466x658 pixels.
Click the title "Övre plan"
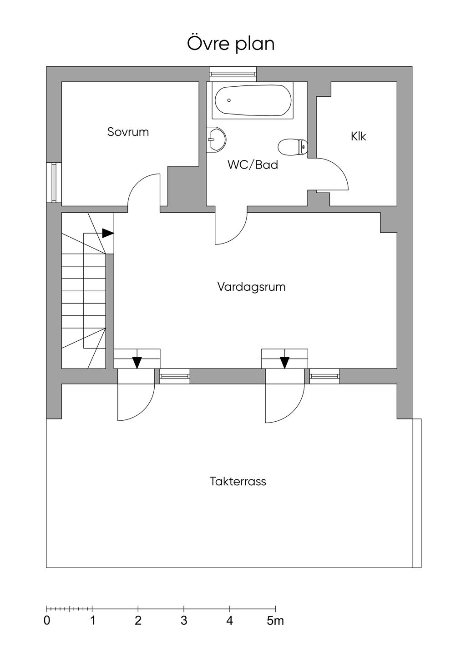point(231,44)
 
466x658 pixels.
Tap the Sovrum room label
point(128,132)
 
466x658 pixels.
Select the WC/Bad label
point(253,165)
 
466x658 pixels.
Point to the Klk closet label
point(358,136)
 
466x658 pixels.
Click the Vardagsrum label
point(252,287)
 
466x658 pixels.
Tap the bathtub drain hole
point(229,100)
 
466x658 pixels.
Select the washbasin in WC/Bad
point(216,140)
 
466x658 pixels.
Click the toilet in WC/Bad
point(293,147)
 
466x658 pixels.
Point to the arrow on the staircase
point(108,233)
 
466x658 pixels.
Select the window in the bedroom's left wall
point(54,182)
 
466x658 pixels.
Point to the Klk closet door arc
point(341,168)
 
